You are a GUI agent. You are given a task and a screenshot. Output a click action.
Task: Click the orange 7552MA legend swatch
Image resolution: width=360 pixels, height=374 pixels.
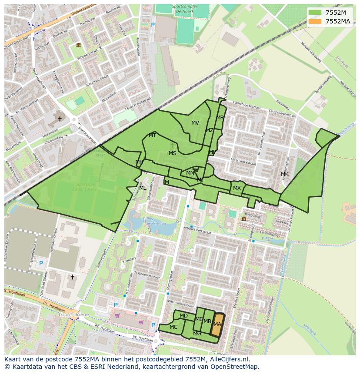coord(316,21)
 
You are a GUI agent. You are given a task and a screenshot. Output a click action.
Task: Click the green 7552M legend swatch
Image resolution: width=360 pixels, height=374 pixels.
coord(316,13)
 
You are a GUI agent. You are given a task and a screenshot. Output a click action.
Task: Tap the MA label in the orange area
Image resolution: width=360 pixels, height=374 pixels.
coord(217,324)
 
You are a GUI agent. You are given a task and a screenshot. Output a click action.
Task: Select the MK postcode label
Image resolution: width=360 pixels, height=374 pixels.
coord(285,174)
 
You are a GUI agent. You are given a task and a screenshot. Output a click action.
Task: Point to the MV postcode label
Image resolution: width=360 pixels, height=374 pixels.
coord(195,123)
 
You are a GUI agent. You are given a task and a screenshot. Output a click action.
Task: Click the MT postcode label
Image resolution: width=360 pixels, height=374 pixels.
coord(152,136)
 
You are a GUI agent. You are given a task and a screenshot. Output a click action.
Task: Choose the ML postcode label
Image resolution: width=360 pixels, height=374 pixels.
coord(143,188)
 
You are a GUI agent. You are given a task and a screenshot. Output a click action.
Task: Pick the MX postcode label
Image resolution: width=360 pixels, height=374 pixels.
coord(237,188)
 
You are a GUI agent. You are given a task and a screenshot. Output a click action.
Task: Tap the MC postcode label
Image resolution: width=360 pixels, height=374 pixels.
coord(173,327)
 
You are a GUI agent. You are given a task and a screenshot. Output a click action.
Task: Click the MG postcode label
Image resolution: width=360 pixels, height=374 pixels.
coord(197,334)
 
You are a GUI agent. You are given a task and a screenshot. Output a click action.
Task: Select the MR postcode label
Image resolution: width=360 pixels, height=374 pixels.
coord(220,118)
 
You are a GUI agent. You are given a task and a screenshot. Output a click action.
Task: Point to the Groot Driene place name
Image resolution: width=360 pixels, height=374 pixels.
coord(73,314)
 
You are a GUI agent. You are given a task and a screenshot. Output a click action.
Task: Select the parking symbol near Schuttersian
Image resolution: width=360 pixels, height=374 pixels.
coord(41,263)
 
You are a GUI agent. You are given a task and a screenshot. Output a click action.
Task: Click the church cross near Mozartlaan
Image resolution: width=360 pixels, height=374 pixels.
coord(60,119)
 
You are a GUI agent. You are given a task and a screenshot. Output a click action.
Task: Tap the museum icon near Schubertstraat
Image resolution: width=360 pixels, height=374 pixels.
coord(78,45)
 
